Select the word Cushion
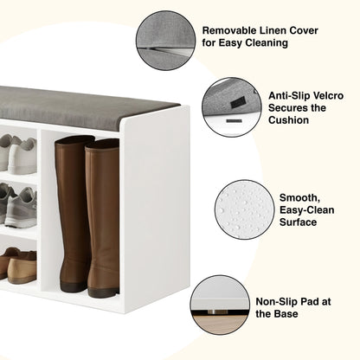(x=288, y=120)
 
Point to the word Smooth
(x=299, y=198)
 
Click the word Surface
(x=298, y=222)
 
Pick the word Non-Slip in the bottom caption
(x=277, y=302)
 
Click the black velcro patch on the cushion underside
(x=236, y=103)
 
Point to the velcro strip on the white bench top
(x=234, y=120)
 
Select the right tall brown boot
(x=103, y=218)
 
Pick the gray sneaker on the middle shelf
(x=20, y=207)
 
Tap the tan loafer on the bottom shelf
(x=22, y=267)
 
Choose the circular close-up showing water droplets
(x=244, y=209)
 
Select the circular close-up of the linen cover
(x=165, y=41)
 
